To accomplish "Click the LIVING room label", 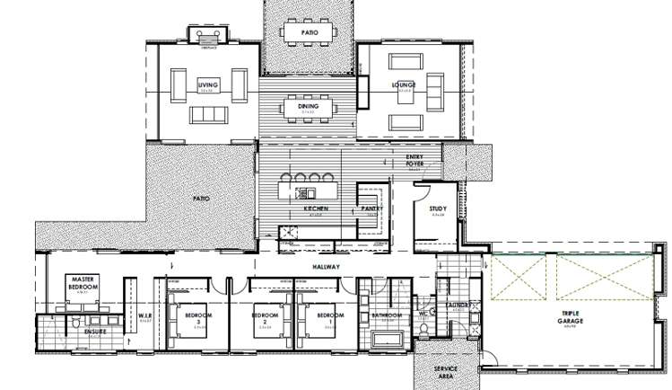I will (208, 85).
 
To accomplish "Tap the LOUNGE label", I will (402, 85).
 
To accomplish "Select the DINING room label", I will (309, 106).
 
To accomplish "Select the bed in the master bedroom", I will (83, 301).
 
